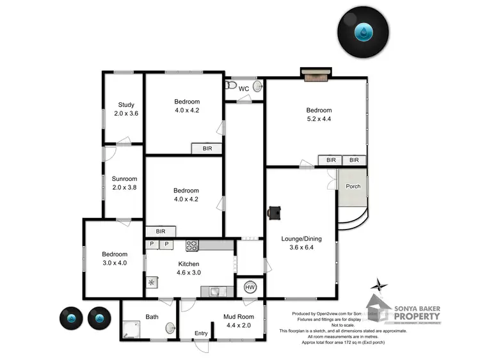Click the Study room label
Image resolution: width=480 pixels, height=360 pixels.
126,106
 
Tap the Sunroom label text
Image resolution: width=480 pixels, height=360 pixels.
125,179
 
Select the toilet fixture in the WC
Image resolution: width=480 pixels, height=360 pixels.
231,86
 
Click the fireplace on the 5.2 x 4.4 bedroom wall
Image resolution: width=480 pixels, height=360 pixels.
315,75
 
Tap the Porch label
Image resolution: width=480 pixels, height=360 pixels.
353,187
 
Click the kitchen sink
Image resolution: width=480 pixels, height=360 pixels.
216,292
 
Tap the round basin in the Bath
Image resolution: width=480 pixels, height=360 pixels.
170,328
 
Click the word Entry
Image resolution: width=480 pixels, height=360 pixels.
201,333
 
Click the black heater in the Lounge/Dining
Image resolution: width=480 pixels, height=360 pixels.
274,212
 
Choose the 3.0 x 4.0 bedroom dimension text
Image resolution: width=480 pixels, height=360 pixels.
111,263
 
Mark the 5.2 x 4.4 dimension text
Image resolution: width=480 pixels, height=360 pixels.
318,119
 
